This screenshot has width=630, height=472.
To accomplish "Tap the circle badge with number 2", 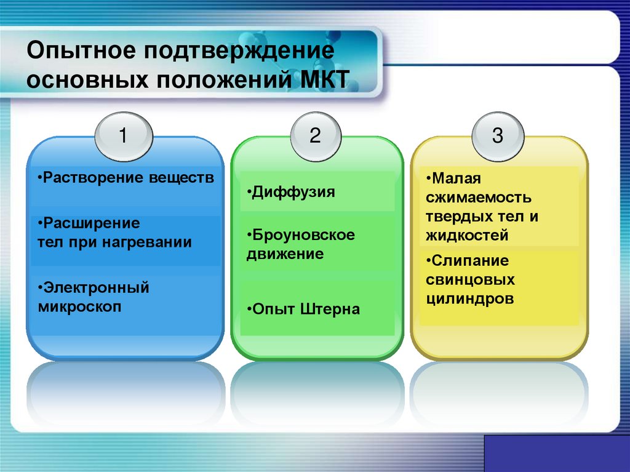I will point(315,136).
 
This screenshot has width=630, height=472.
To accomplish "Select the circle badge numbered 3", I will point(497,136).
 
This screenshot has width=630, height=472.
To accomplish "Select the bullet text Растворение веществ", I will point(127,178).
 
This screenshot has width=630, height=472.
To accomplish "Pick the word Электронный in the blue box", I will point(95,287).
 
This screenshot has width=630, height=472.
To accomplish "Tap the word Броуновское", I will point(305,235).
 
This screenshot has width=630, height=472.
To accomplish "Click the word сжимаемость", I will point(477,198).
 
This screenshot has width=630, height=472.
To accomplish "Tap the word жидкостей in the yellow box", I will point(466,235).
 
